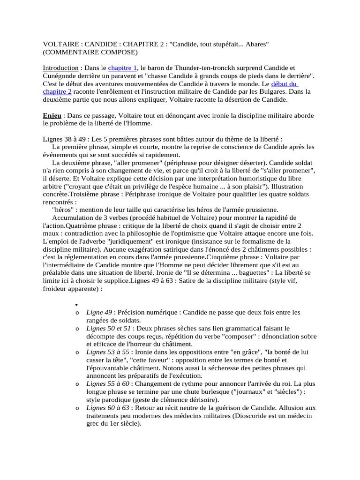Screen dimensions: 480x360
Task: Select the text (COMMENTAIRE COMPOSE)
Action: pyautogui.click(x=90, y=52)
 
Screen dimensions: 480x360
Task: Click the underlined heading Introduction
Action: pyautogui.click(x=60, y=68)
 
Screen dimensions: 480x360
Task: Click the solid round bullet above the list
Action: pyautogui.click(x=76, y=304)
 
